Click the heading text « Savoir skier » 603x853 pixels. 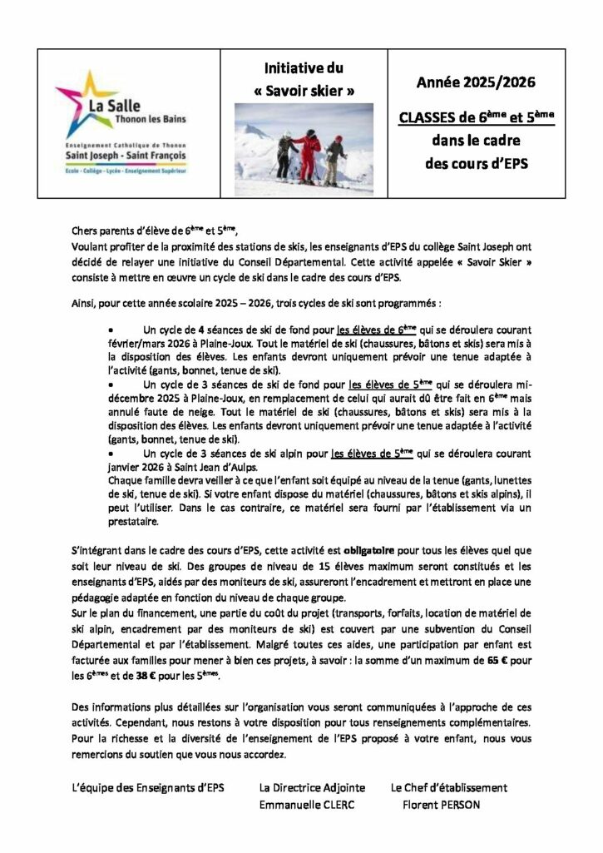tap(302, 90)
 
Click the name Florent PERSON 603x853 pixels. tap(441, 805)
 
